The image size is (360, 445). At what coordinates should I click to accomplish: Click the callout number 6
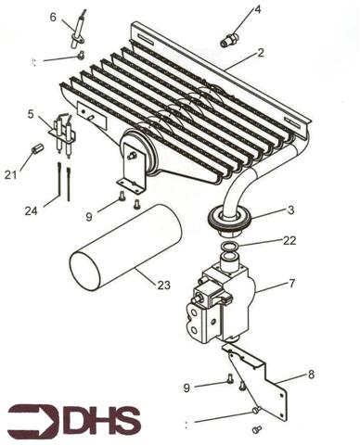point(53,17)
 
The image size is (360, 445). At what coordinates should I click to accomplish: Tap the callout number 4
point(258,9)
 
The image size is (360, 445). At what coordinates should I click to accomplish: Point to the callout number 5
point(31,114)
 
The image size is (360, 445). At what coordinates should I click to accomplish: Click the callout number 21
point(10,175)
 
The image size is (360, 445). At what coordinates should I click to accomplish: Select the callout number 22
point(290,241)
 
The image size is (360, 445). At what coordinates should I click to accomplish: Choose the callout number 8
point(310,375)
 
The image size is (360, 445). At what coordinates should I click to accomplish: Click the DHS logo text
point(102,421)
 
